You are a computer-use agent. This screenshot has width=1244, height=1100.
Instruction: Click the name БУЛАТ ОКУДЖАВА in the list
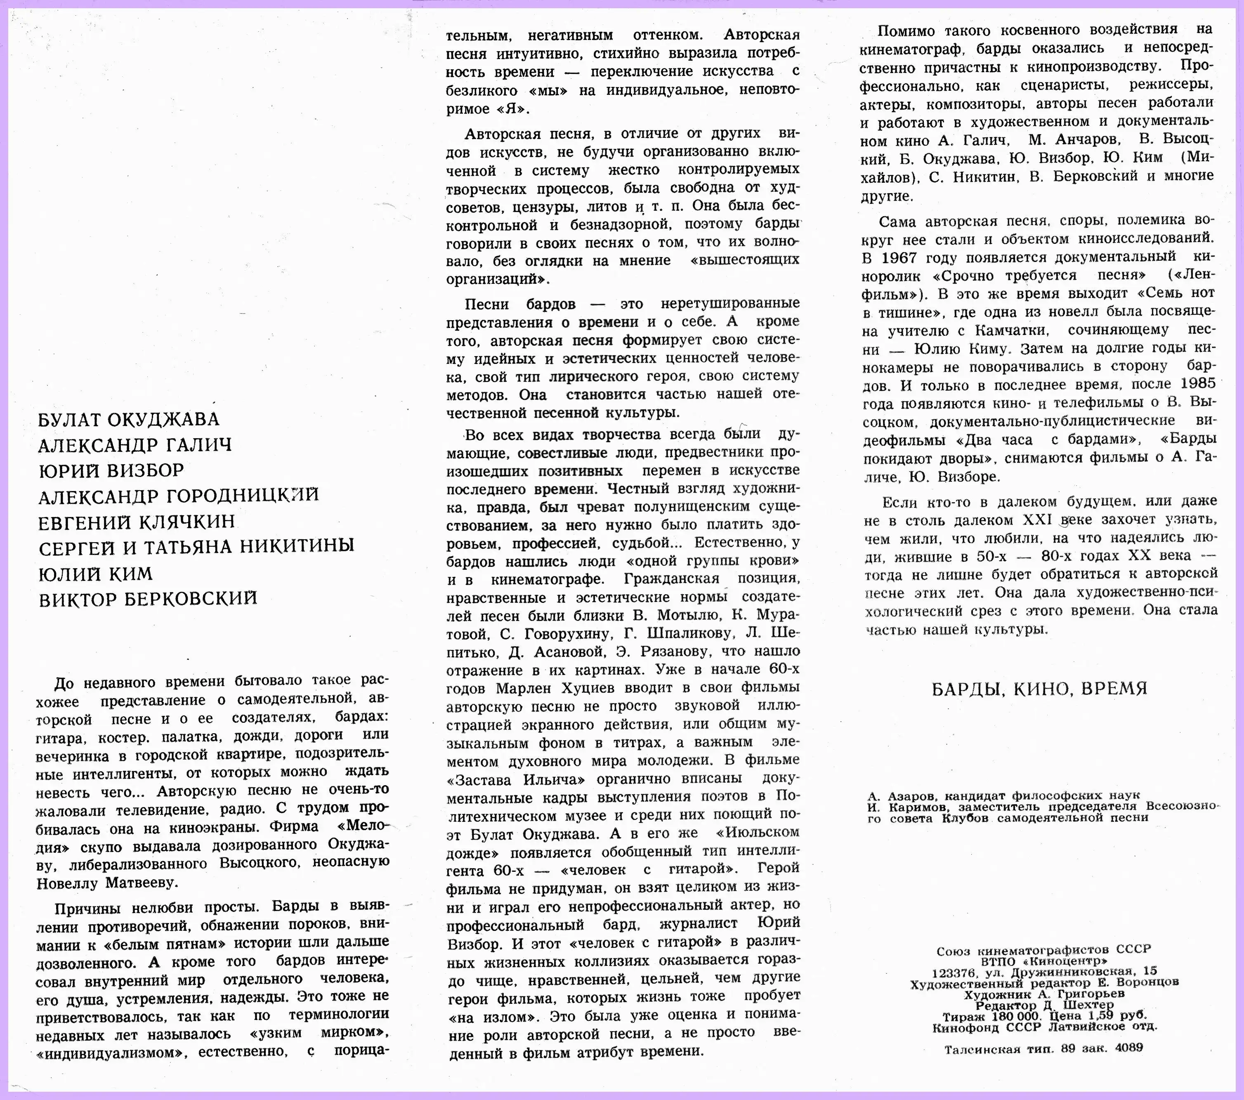click(x=128, y=420)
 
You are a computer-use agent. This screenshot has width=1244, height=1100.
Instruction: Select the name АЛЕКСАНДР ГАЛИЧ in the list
click(x=135, y=446)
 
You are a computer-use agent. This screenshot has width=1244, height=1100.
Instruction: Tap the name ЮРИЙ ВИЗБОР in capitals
click(x=111, y=470)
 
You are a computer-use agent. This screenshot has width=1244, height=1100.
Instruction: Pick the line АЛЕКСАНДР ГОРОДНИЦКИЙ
click(x=178, y=496)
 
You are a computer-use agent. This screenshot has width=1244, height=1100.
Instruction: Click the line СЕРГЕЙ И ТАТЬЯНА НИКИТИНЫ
click(x=196, y=547)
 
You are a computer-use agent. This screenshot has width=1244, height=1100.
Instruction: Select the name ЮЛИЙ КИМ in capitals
click(x=96, y=574)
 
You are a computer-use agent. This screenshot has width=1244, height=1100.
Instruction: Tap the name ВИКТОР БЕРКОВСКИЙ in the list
click(x=148, y=599)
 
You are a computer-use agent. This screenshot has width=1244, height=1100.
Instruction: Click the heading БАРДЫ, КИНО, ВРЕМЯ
click(x=1039, y=689)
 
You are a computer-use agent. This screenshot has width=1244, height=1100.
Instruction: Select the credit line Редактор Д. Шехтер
click(x=1044, y=1005)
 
